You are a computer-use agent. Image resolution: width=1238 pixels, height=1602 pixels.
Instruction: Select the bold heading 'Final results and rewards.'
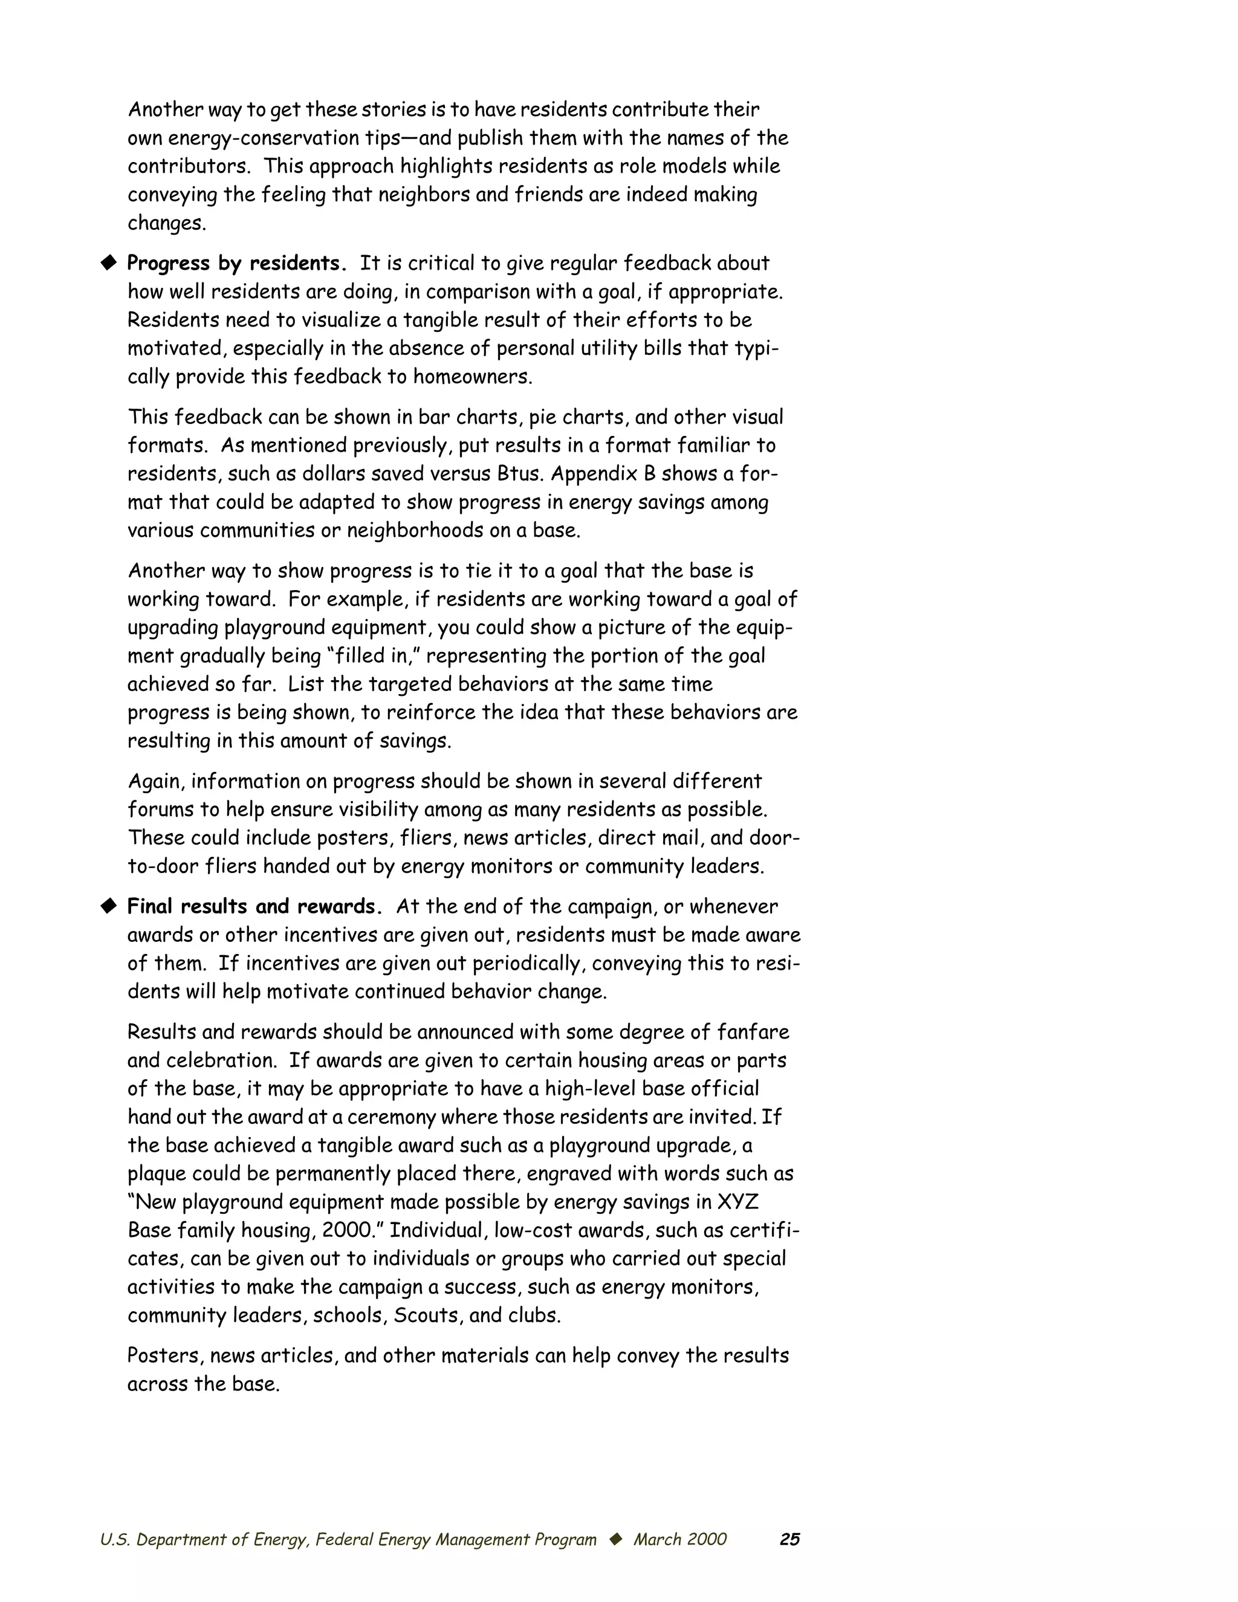click(254, 907)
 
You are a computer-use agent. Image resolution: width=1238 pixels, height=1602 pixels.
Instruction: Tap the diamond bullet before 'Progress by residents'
click(109, 262)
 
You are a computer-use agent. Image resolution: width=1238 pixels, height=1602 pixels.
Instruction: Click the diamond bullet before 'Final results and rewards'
click(109, 907)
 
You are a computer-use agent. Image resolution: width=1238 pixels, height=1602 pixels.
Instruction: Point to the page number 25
click(789, 1540)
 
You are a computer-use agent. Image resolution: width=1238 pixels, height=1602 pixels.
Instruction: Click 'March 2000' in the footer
click(680, 1540)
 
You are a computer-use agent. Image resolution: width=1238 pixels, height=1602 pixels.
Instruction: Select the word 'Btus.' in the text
click(520, 474)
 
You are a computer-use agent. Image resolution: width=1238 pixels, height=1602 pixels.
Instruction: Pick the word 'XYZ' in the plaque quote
click(737, 1202)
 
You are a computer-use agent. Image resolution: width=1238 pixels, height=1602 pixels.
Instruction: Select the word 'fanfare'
click(753, 1032)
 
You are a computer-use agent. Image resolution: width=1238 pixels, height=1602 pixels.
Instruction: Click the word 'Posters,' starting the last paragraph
click(165, 1355)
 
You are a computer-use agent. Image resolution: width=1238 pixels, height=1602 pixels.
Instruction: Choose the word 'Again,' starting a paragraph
click(155, 781)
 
